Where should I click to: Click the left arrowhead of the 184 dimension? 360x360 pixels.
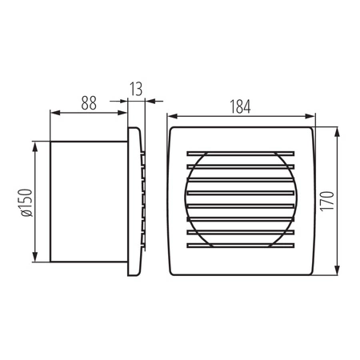(171, 115)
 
